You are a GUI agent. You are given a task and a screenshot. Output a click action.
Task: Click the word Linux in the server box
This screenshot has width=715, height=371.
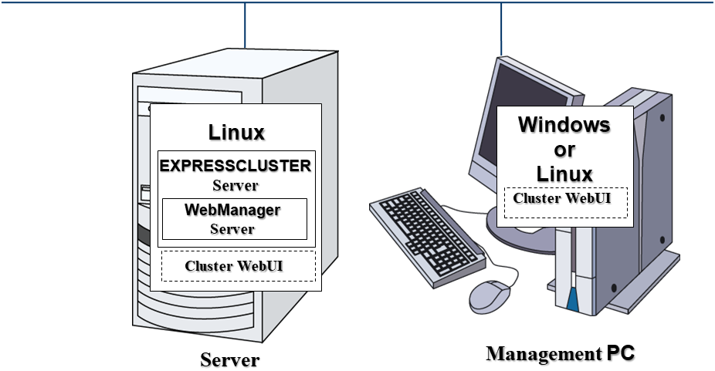click(x=236, y=132)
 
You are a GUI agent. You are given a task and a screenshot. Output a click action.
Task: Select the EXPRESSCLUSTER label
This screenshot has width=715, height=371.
click(x=235, y=166)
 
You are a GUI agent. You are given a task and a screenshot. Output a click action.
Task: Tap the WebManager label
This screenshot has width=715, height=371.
click(x=232, y=210)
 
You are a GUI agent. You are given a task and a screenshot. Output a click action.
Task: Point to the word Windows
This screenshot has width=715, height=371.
click(x=564, y=124)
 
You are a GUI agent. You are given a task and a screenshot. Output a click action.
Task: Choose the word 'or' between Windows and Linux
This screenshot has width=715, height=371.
click(x=564, y=148)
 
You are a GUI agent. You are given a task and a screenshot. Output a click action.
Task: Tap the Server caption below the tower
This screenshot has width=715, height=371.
click(x=230, y=360)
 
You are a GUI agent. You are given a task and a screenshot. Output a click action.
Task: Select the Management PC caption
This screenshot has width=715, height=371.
click(x=561, y=354)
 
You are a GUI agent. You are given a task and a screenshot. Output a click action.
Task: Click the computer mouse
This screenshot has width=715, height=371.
click(x=491, y=295)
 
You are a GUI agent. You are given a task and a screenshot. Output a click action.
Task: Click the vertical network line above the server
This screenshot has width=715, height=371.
click(x=246, y=23)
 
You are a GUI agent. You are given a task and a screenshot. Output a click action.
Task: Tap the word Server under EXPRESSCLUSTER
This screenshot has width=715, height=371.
click(x=235, y=185)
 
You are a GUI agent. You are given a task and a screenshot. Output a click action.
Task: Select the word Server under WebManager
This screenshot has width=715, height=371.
click(x=232, y=228)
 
